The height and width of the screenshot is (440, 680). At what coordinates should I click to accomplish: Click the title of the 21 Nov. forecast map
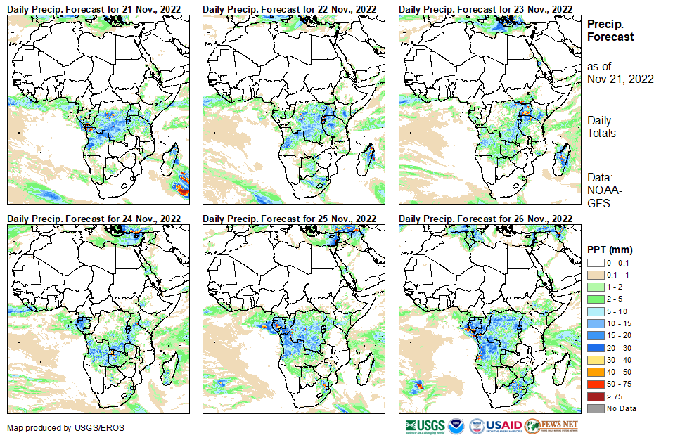point(94,8)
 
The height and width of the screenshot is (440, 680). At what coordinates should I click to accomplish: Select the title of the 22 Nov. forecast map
point(290,8)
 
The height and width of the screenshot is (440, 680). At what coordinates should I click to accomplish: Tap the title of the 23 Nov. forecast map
point(485,8)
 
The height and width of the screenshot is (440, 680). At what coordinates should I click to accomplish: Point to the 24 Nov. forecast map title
point(94,219)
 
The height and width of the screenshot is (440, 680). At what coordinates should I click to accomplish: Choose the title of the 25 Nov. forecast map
point(290,219)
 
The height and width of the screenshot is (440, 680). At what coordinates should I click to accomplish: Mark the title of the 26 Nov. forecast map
point(485,219)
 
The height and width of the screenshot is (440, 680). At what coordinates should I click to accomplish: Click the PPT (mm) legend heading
point(610,250)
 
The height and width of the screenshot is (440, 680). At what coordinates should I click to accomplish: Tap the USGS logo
point(425,426)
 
